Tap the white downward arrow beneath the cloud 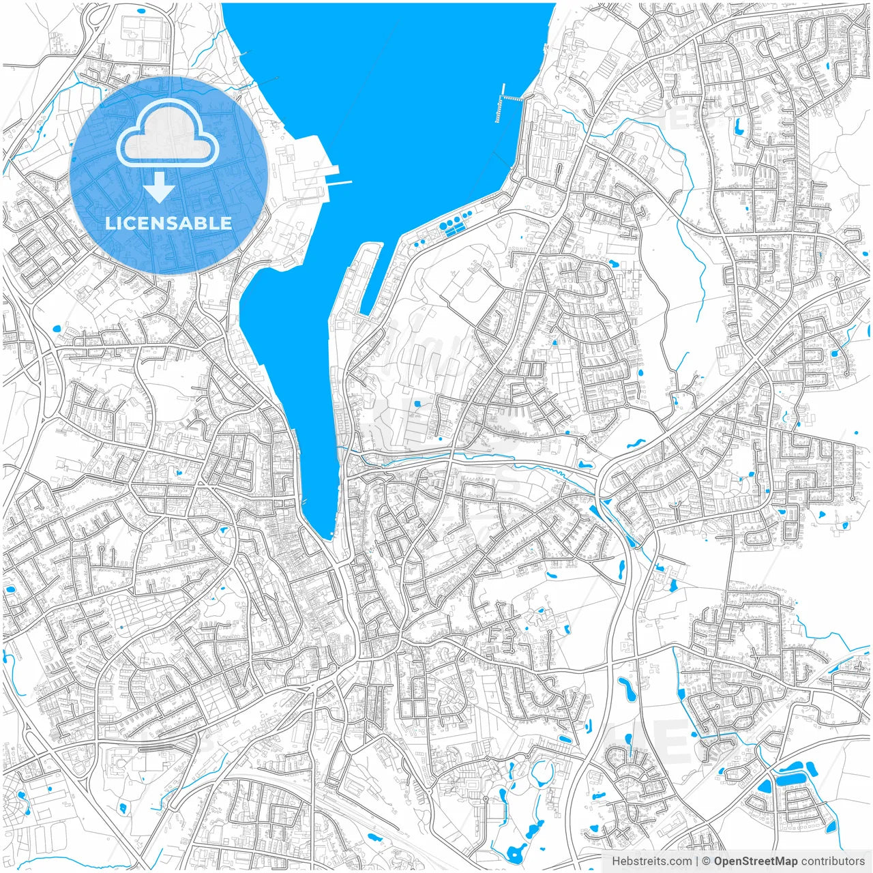159,188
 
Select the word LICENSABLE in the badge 168,223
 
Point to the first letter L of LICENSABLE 109,223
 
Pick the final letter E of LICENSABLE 226,223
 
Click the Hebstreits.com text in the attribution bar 651,861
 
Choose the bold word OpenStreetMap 756,861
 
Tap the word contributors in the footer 833,861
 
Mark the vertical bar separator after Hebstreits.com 696,861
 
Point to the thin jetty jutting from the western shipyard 340,183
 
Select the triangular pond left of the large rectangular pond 764,786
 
